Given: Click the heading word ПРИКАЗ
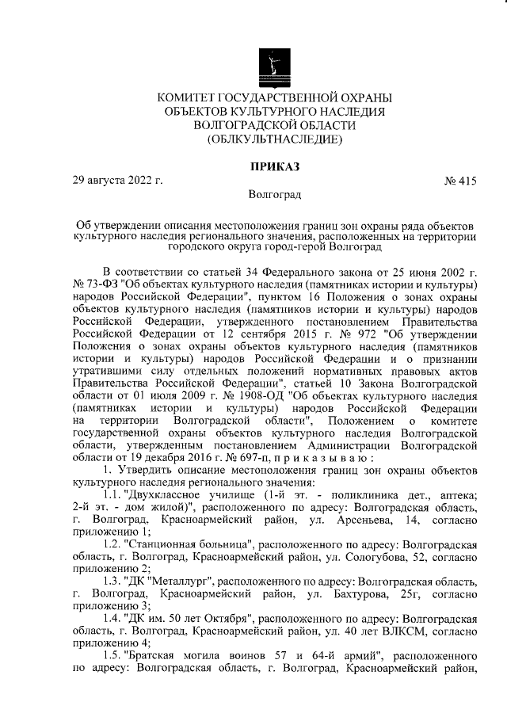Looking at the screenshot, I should (x=274, y=166).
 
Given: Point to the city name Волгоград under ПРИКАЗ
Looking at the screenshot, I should (x=274, y=194).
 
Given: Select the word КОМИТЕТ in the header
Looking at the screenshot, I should (x=193, y=97).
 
